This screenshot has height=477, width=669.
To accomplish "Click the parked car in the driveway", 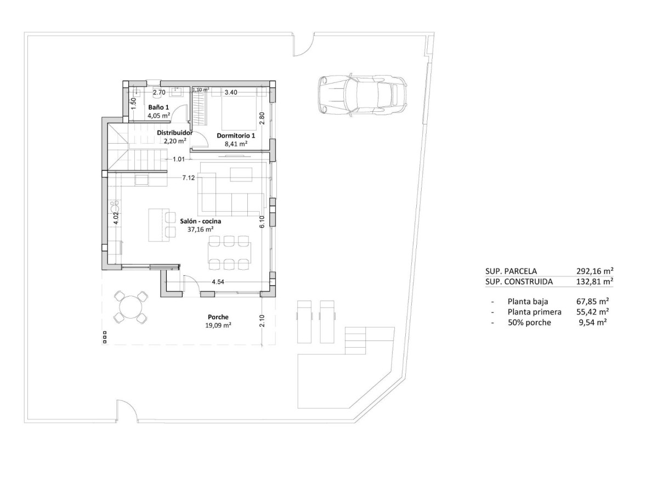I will [362, 94].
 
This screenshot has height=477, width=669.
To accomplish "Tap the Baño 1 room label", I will [158, 107].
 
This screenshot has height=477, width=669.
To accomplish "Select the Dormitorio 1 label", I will [236, 135].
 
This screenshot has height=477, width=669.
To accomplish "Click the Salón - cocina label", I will [201, 221].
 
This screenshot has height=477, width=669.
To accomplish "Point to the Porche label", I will [218, 317].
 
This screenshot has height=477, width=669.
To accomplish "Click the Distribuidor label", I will [174, 133].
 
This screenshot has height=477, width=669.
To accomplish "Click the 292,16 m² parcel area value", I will [594, 271].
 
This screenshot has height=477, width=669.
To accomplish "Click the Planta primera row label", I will [534, 312].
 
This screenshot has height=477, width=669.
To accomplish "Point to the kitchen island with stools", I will [158, 224].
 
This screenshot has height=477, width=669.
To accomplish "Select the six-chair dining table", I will [229, 253].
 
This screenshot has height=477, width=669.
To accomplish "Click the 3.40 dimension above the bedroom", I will [231, 93].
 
